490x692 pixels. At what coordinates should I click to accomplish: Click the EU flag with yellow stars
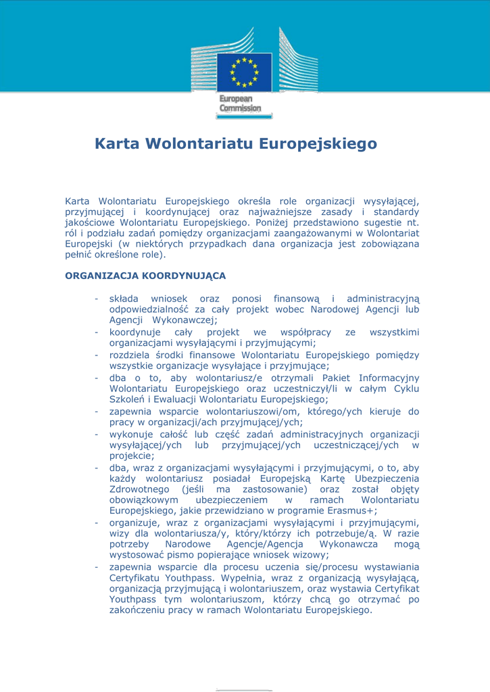click(244, 72)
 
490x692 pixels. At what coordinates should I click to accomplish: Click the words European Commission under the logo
click(240, 104)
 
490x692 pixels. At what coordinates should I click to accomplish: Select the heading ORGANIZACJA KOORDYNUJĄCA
click(145, 276)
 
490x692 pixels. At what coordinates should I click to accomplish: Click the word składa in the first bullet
click(124, 299)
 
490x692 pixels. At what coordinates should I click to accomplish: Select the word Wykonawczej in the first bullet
click(185, 320)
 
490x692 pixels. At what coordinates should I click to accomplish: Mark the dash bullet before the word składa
click(97, 299)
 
